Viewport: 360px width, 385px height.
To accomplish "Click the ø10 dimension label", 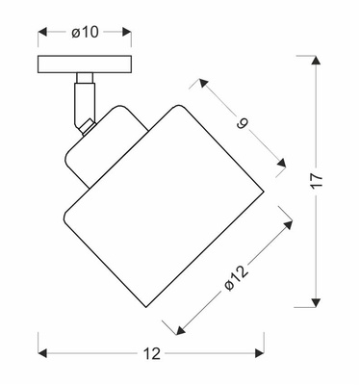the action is (85, 32).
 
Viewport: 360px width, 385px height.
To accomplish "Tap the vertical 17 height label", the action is (317, 182).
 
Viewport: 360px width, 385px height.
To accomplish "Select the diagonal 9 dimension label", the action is (243, 122).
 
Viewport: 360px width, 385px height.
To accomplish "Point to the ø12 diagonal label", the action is (237, 278).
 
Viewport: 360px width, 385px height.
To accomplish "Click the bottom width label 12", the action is (151, 353).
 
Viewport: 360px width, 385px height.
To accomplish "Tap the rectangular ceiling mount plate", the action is (85, 64).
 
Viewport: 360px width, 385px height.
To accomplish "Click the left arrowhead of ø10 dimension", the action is (42, 32).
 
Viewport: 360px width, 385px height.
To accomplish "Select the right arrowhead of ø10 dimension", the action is (127, 32).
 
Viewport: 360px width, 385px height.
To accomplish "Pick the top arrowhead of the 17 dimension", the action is (316, 61).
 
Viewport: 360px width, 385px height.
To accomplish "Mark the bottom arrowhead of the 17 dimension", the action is (316, 302).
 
